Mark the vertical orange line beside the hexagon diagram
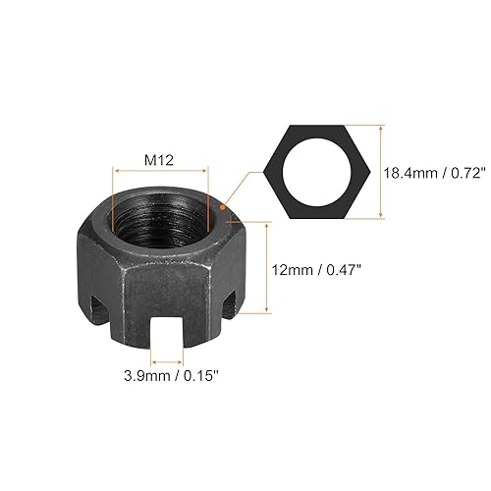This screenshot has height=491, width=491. [x=379, y=173]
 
